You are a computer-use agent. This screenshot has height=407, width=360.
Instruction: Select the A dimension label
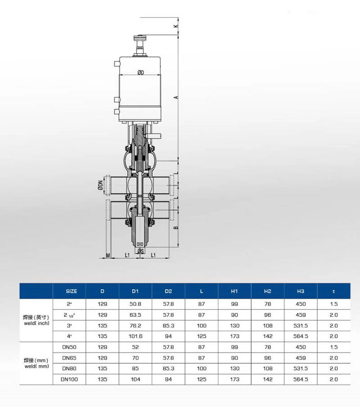tap(177, 97)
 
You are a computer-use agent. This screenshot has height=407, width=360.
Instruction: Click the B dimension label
tap(176, 228)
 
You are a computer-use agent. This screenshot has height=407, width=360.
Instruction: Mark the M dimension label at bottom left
tap(108, 255)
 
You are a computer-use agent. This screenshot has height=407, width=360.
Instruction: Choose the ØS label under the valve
tap(140, 250)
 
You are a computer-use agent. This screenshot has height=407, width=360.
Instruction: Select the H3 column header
tap(301, 291)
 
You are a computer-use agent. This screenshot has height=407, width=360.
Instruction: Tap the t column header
tap(333, 291)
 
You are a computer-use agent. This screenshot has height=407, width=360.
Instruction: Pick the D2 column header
tap(168, 291)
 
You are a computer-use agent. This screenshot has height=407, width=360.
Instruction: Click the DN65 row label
tap(69, 358)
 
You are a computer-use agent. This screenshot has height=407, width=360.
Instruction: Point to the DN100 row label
tap(69, 379)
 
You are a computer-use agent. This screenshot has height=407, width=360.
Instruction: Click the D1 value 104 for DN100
tap(135, 379)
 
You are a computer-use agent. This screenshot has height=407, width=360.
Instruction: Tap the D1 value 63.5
tap(135, 314)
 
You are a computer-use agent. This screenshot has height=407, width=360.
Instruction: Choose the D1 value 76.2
tap(135, 325)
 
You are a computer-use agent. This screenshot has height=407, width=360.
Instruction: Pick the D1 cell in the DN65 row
tap(135, 358)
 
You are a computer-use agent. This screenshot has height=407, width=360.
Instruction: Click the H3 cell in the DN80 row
tap(301, 368)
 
